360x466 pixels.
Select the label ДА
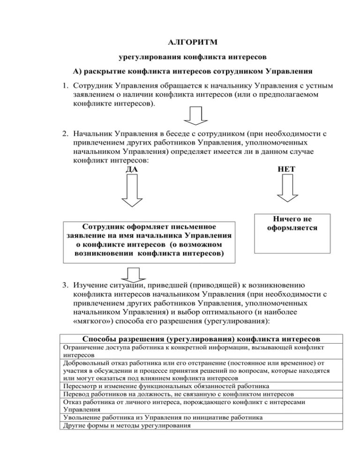[x=133, y=169]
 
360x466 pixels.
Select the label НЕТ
[x=286, y=169]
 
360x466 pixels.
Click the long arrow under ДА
[x=133, y=192]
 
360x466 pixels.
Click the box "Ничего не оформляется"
[x=292, y=233]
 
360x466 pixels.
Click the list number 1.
[x=67, y=86]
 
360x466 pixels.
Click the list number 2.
[x=67, y=134]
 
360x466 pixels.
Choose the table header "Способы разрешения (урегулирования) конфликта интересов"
[x=202, y=338]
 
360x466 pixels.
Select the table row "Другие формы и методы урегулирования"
[x=127, y=426]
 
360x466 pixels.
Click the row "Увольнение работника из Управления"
[x=162, y=417]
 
